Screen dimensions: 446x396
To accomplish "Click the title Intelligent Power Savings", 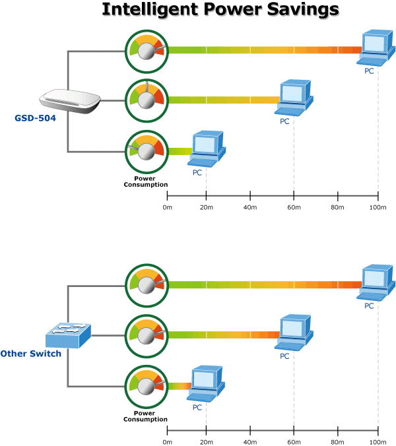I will tap(220, 11).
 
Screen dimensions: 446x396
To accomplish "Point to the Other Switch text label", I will tap(31, 354).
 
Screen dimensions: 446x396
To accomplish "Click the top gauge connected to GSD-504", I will tap(147, 49).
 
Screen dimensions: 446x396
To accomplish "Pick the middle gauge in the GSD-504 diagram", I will tap(147, 100).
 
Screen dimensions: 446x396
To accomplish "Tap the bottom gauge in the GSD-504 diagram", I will tap(147, 150).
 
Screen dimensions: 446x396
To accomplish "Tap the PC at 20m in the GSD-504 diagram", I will tap(206, 149).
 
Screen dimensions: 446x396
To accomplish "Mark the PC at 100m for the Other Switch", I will tap(377, 284).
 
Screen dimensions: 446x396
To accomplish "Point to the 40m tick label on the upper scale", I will tap(250, 209).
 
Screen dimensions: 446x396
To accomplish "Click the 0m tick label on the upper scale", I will tap(167, 209).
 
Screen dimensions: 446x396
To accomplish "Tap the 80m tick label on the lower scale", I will tap(338, 441).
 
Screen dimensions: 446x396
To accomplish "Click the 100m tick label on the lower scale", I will tap(378, 441).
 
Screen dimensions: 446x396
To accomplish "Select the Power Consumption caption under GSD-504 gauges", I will tap(146, 181).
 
